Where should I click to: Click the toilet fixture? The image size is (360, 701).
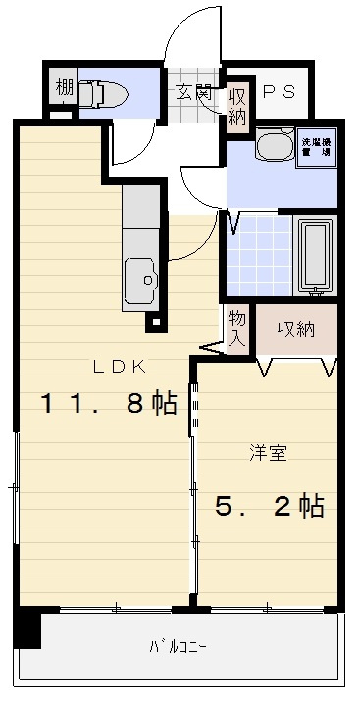point(103,94)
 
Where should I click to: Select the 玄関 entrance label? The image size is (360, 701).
point(194,93)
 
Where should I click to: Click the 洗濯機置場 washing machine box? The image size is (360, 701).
point(315,147)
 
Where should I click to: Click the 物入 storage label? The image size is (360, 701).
point(237,328)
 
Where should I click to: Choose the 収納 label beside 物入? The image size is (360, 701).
point(294,329)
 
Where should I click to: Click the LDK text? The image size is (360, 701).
point(120,367)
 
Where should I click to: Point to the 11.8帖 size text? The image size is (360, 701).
point(108,404)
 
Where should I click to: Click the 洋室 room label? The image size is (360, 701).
point(268,453)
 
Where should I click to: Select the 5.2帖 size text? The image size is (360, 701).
point(270,506)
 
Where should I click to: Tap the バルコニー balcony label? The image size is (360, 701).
point(178,647)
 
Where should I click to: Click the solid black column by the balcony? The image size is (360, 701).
point(27,628)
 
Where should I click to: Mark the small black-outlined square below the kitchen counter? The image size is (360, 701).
point(152,320)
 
